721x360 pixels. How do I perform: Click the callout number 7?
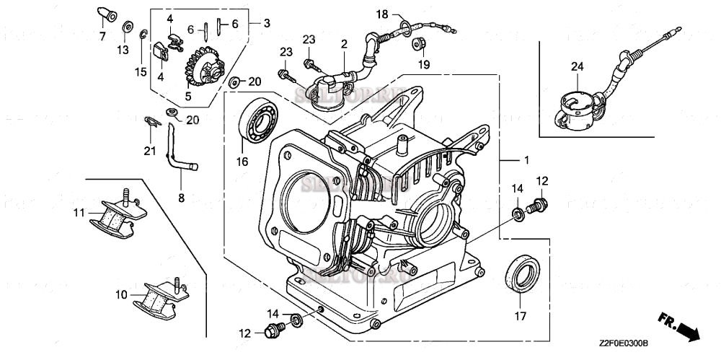point(102,36)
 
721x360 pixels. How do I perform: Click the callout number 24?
point(577,67)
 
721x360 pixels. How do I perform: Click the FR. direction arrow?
point(678,327)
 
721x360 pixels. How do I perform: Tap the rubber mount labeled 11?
point(115,214)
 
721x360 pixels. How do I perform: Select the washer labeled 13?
point(127,28)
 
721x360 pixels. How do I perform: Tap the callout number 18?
point(382,14)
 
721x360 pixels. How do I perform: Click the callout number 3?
point(266,23)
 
